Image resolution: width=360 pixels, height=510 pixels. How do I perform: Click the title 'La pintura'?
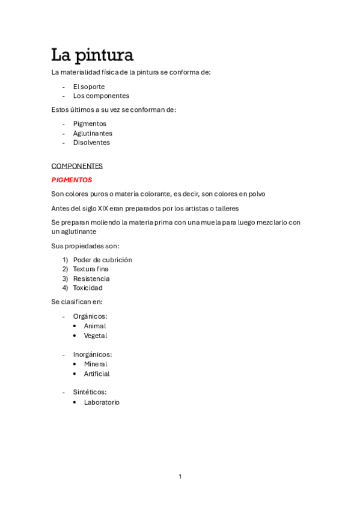92,55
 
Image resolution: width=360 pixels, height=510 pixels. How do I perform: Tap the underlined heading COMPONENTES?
77,166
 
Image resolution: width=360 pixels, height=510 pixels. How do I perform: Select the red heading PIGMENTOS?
72,180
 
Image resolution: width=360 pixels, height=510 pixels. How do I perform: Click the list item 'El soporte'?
89,87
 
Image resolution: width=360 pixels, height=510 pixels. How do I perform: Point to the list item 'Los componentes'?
101,96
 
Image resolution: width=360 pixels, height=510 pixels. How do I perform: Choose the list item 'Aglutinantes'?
93,134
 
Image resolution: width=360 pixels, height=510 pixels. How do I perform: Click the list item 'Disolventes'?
91,143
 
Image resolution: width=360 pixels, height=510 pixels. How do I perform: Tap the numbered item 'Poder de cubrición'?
102,260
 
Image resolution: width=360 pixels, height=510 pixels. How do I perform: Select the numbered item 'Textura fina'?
91,269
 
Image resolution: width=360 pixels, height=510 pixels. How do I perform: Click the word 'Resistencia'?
91,278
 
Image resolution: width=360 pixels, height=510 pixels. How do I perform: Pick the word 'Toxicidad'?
88,287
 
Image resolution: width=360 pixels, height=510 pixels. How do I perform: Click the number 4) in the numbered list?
65,287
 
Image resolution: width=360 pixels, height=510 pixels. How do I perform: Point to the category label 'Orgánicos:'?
90,316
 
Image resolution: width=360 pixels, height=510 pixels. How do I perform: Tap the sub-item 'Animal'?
95,326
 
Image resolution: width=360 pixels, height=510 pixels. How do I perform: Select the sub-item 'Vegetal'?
96,336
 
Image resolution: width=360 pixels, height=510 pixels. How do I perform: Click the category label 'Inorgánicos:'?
93,354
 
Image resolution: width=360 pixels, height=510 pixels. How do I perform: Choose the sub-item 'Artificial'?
97,373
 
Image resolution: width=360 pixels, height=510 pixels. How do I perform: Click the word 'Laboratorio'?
102,402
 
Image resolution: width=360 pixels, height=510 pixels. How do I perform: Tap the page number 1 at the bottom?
180,476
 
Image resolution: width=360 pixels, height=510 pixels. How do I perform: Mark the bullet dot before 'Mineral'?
75,364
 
